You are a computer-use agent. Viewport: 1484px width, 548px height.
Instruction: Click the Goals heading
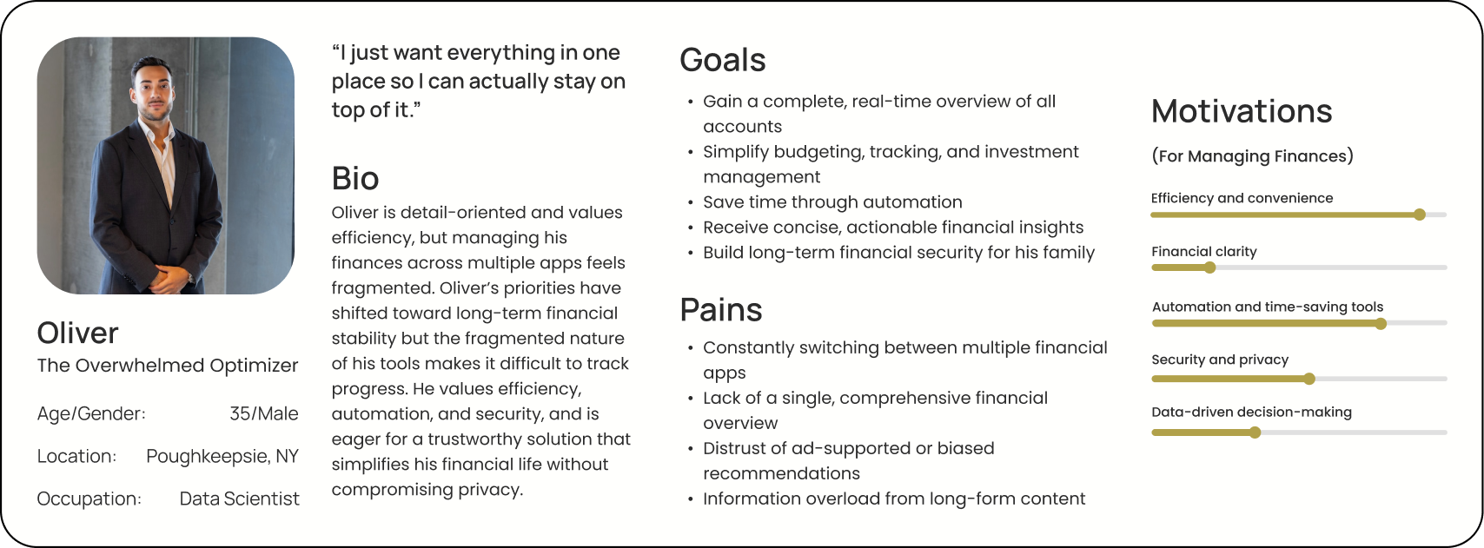click(x=722, y=60)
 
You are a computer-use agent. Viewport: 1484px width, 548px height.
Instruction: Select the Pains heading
click(x=720, y=310)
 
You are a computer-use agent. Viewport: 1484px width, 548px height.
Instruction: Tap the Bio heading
click(x=354, y=179)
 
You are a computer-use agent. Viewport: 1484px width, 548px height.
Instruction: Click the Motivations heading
click(x=1241, y=111)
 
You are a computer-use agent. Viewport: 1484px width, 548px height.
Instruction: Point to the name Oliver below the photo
click(x=77, y=333)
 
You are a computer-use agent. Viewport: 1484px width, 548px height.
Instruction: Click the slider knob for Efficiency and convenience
click(x=1419, y=215)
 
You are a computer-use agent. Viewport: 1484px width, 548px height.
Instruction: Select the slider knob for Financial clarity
click(x=1209, y=267)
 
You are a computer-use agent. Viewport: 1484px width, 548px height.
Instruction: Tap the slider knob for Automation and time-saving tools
click(x=1381, y=324)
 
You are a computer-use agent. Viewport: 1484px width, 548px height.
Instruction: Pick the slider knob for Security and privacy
click(x=1309, y=379)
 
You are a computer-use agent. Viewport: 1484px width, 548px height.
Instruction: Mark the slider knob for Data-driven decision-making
click(x=1255, y=432)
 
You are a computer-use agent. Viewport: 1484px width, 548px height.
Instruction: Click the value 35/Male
click(x=263, y=413)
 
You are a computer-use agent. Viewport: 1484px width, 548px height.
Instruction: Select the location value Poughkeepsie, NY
click(x=222, y=456)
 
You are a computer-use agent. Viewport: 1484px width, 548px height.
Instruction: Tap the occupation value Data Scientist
click(x=239, y=498)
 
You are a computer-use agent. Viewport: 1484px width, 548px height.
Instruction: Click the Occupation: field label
click(x=89, y=498)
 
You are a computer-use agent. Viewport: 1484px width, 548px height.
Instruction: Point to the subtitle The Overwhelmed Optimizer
click(x=167, y=366)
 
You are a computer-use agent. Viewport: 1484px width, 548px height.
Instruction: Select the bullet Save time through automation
click(x=831, y=202)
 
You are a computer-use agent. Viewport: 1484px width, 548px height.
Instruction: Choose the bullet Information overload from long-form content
click(x=893, y=498)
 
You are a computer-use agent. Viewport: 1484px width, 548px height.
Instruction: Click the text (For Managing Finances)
click(x=1252, y=156)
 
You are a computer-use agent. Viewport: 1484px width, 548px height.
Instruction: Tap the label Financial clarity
click(x=1203, y=252)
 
